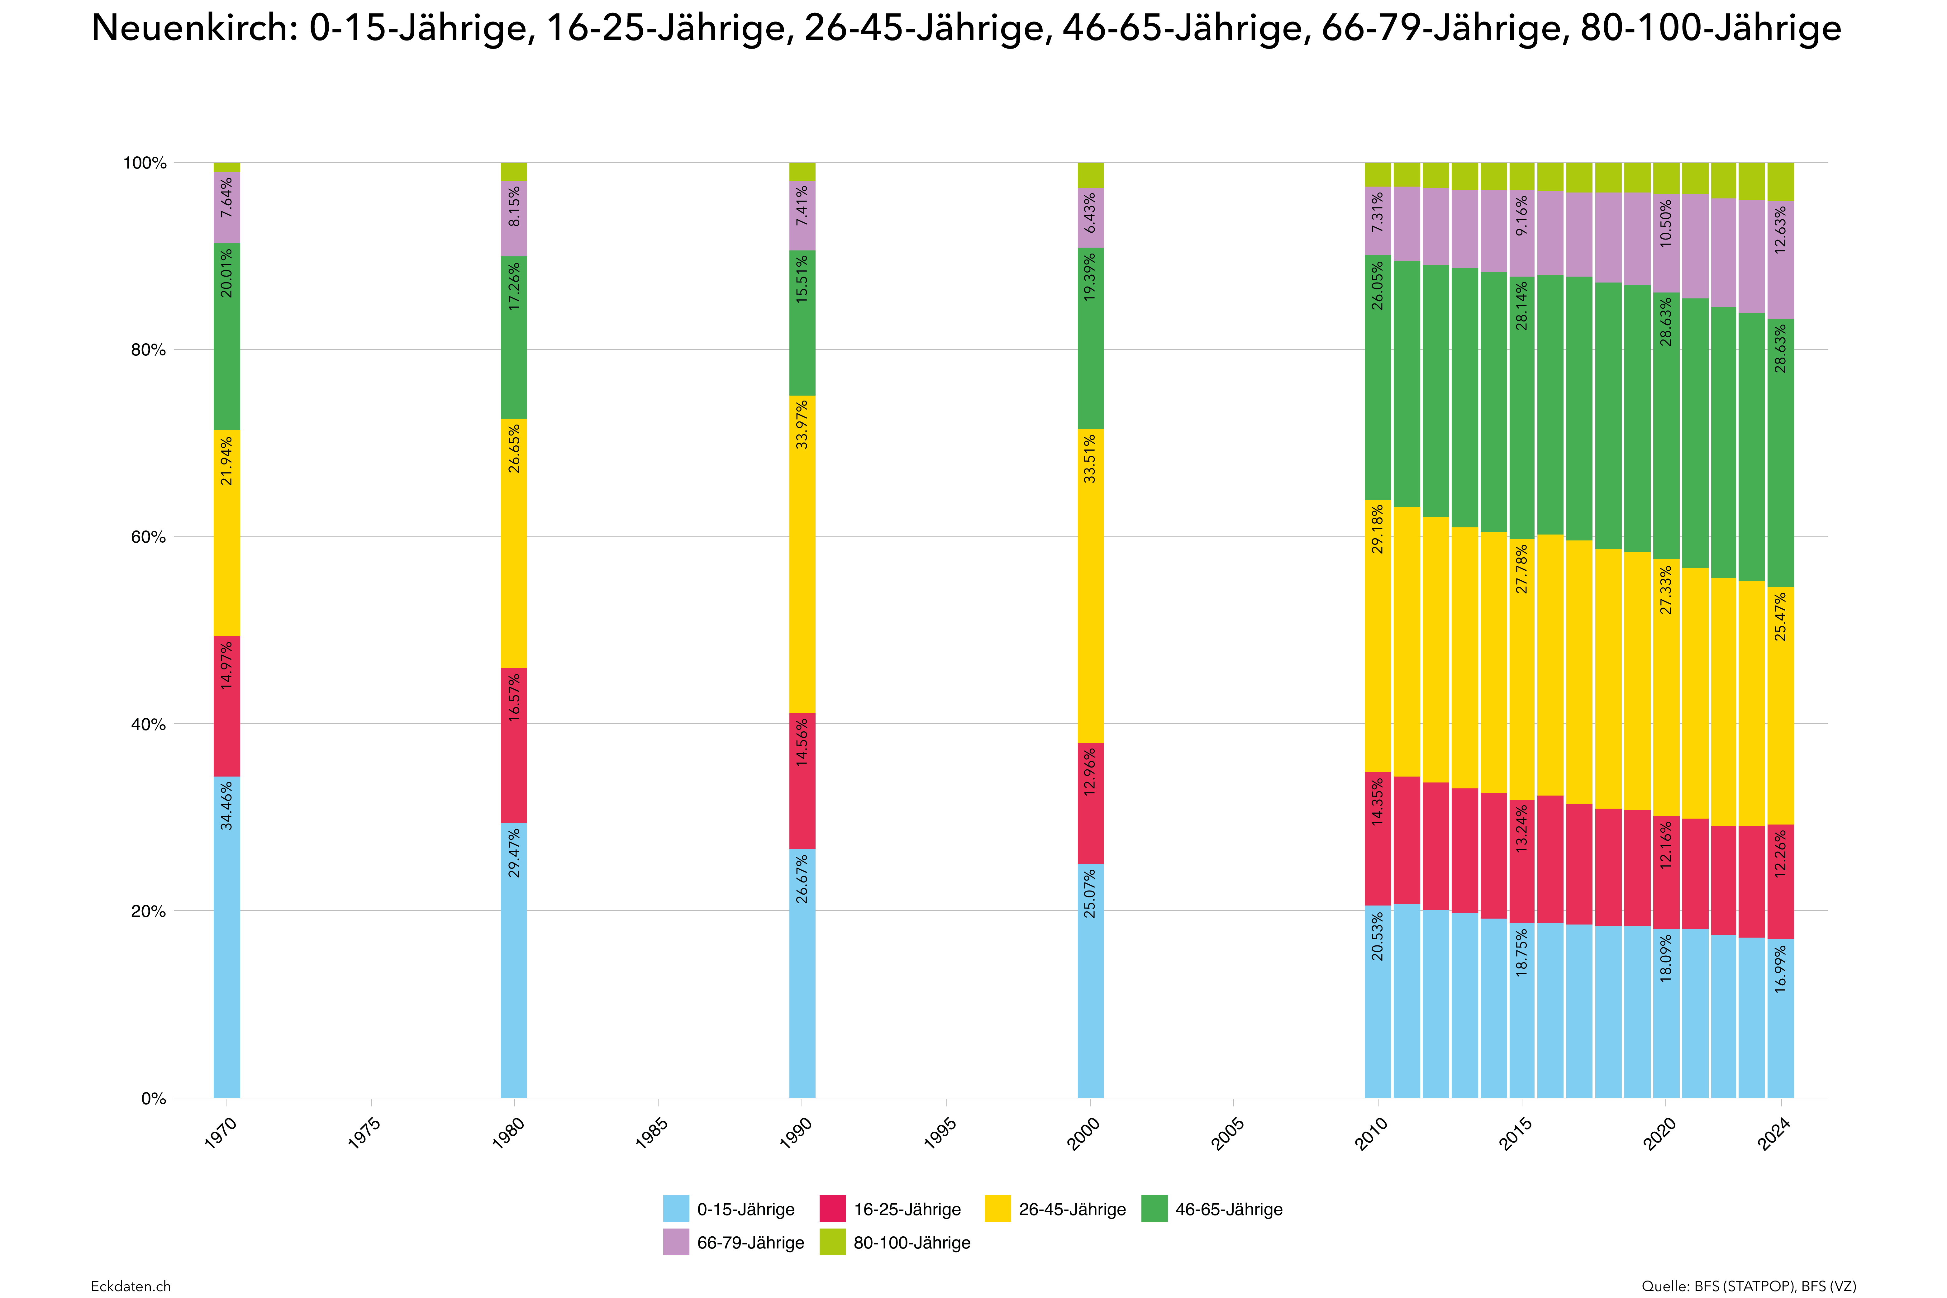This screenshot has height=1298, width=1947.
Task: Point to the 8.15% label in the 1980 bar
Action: pyautogui.click(x=514, y=207)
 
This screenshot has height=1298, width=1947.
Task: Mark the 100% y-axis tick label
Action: pyautogui.click(x=145, y=163)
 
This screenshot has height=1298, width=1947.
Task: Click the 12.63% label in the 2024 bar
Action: pyautogui.click(x=1781, y=229)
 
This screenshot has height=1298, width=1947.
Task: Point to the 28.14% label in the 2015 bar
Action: pyautogui.click(x=1521, y=306)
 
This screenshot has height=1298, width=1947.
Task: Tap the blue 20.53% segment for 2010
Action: pyautogui.click(x=1378, y=1002)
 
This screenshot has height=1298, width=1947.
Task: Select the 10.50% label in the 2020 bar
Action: pyautogui.click(x=1666, y=224)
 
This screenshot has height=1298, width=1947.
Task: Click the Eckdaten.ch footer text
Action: pyautogui.click(x=131, y=1286)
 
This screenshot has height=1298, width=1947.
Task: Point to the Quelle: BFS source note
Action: pyautogui.click(x=1748, y=1286)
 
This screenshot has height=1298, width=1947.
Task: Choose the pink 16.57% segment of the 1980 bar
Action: pyautogui.click(x=514, y=745)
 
